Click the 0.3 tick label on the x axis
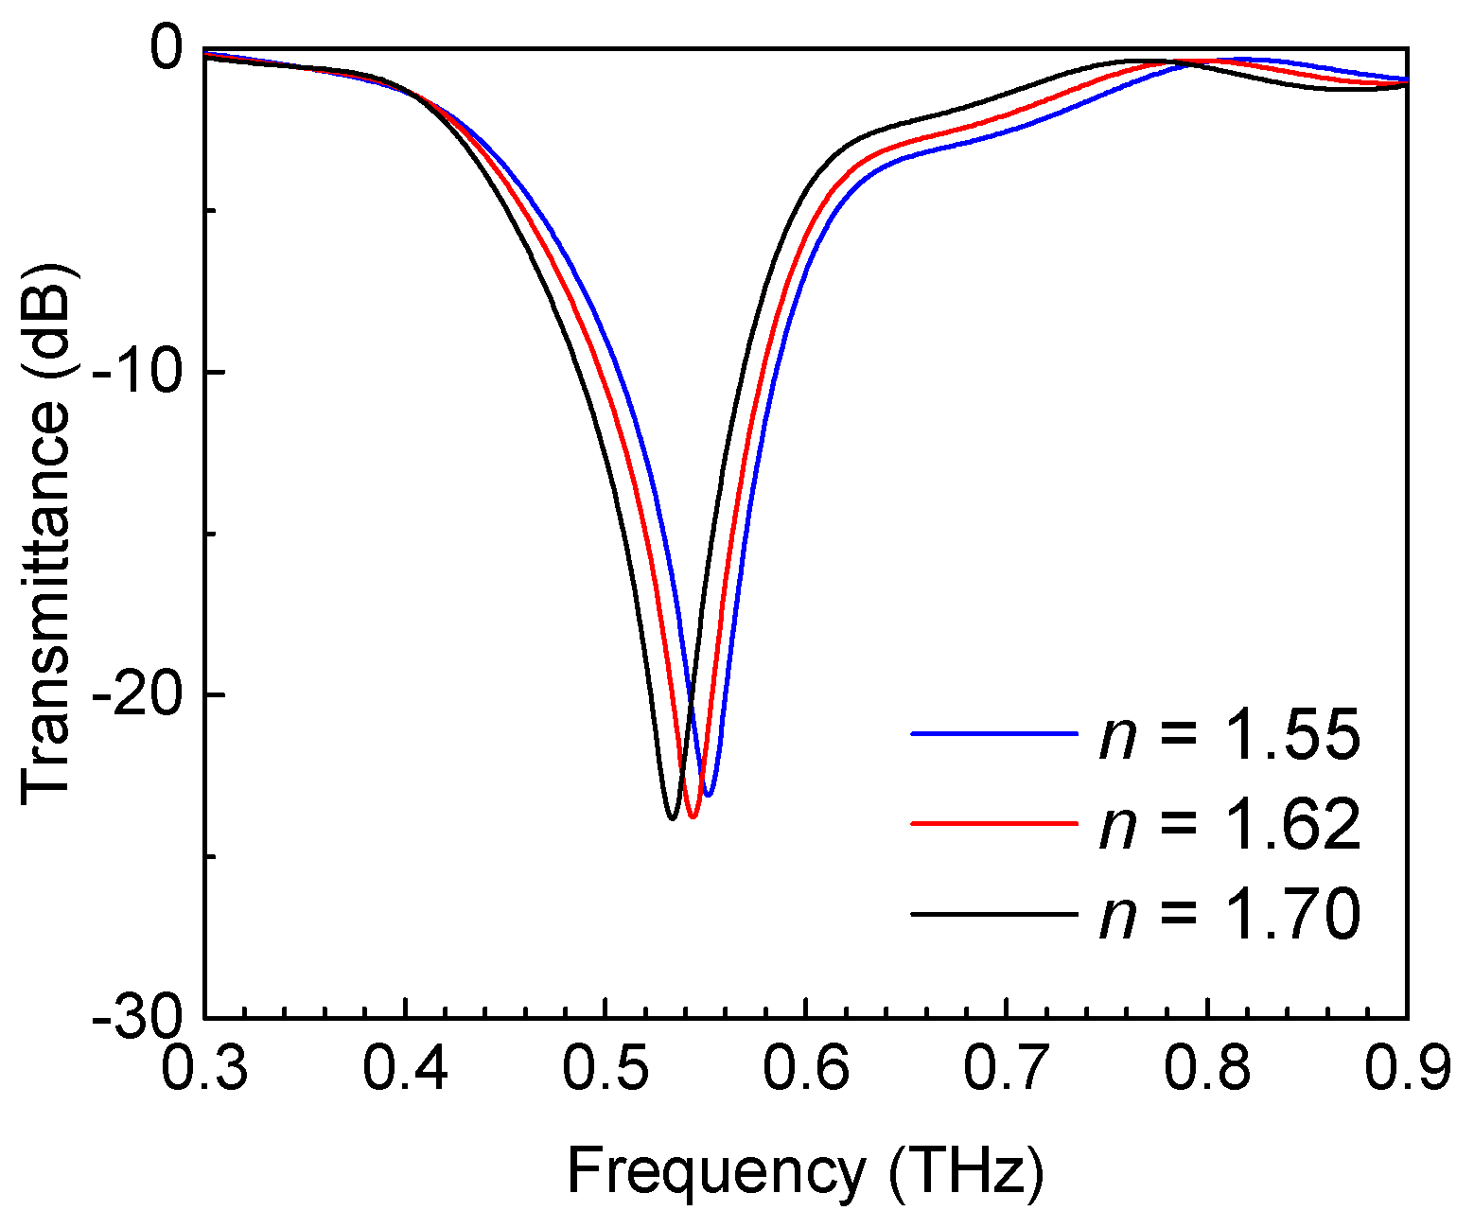click(x=204, y=1066)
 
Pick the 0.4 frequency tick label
click(x=406, y=1066)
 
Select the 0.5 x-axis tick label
click(x=605, y=1066)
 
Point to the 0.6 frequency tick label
click(x=806, y=1066)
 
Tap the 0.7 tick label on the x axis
click(x=1007, y=1066)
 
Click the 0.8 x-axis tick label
click(x=1207, y=1066)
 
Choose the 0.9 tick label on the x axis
click(x=1407, y=1066)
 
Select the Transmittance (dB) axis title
click(x=47, y=534)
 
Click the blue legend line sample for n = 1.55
click(x=993, y=734)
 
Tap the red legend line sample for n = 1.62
click(x=993, y=823)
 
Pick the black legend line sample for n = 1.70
click(x=993, y=914)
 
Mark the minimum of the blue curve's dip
click(x=708, y=795)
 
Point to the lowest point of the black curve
click(x=672, y=818)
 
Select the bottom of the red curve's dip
click(x=693, y=816)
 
